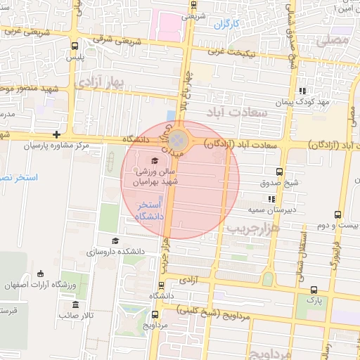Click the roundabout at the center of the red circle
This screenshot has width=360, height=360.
click(x=180, y=141)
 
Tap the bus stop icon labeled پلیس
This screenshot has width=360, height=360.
click(x=75, y=46)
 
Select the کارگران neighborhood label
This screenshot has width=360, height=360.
click(x=226, y=24)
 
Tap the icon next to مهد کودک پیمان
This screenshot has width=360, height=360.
click(x=302, y=91)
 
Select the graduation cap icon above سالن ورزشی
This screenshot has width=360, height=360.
click(x=154, y=160)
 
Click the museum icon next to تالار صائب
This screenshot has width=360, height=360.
click(x=75, y=304)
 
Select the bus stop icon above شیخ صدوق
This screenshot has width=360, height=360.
click(x=279, y=172)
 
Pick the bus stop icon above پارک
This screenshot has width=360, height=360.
click(x=314, y=289)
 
